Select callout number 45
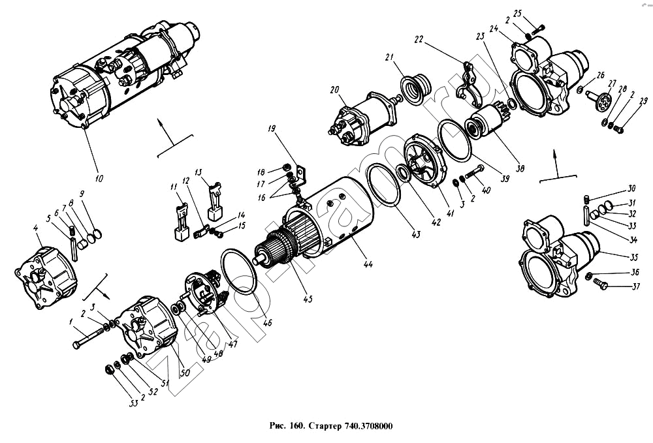(308, 299)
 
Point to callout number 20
(334, 90)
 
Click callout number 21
(389, 58)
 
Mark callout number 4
(37, 228)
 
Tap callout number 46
(268, 322)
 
